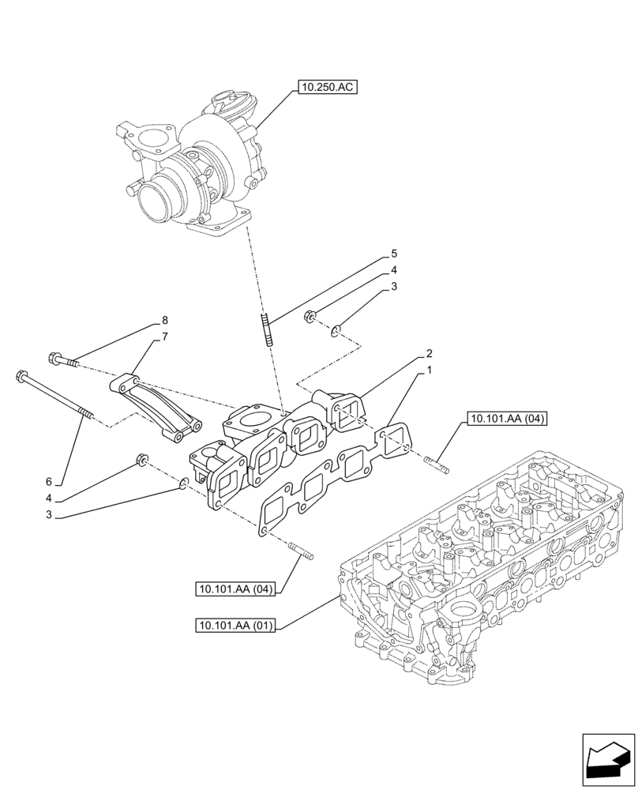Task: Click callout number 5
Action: point(393,254)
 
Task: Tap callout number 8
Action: point(164,321)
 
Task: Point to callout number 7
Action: point(164,337)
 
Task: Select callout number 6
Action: point(48,481)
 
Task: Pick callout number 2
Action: point(429,352)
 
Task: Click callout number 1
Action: point(429,370)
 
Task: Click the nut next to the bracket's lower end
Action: point(143,460)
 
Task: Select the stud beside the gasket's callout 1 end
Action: point(436,466)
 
